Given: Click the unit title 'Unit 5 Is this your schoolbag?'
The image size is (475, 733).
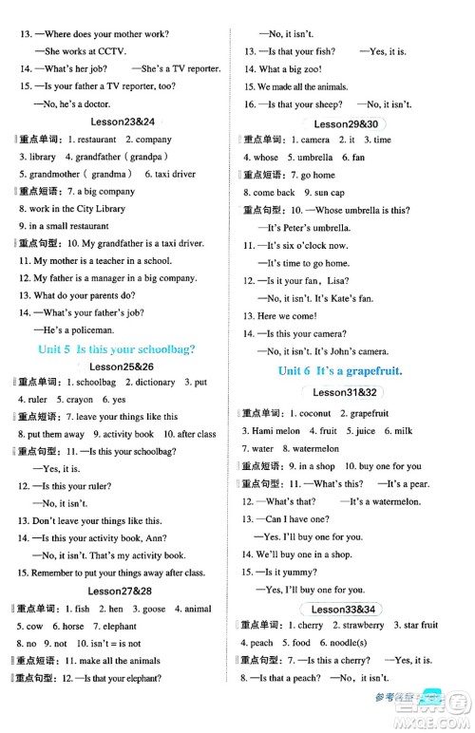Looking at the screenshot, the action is coord(115,348).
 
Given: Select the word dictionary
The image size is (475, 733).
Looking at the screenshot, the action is coord(156,382).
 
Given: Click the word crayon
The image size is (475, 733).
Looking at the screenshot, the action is coord(80,400).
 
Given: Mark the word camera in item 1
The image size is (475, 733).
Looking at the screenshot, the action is coord(314,140).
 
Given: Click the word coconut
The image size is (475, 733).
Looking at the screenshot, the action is coord(313,412).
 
